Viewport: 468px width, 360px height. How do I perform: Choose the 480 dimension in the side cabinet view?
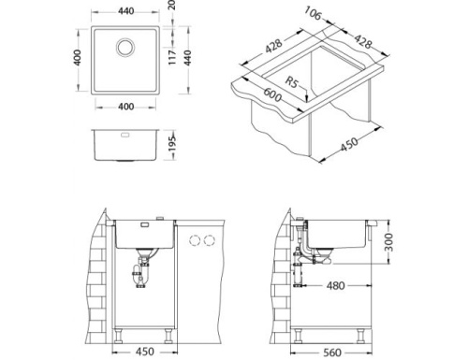[x=338, y=286]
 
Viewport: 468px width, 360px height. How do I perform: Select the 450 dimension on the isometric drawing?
[x=350, y=143]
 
